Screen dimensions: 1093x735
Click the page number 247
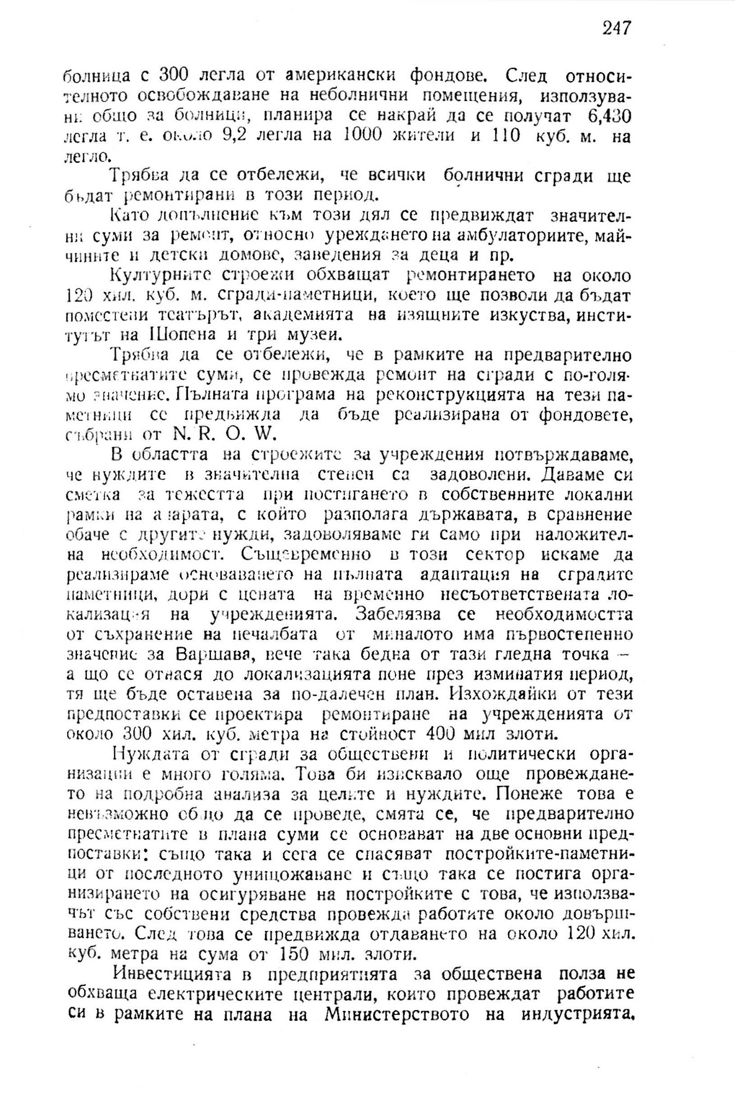tap(617, 27)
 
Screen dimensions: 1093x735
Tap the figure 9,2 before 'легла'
tap(230, 136)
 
